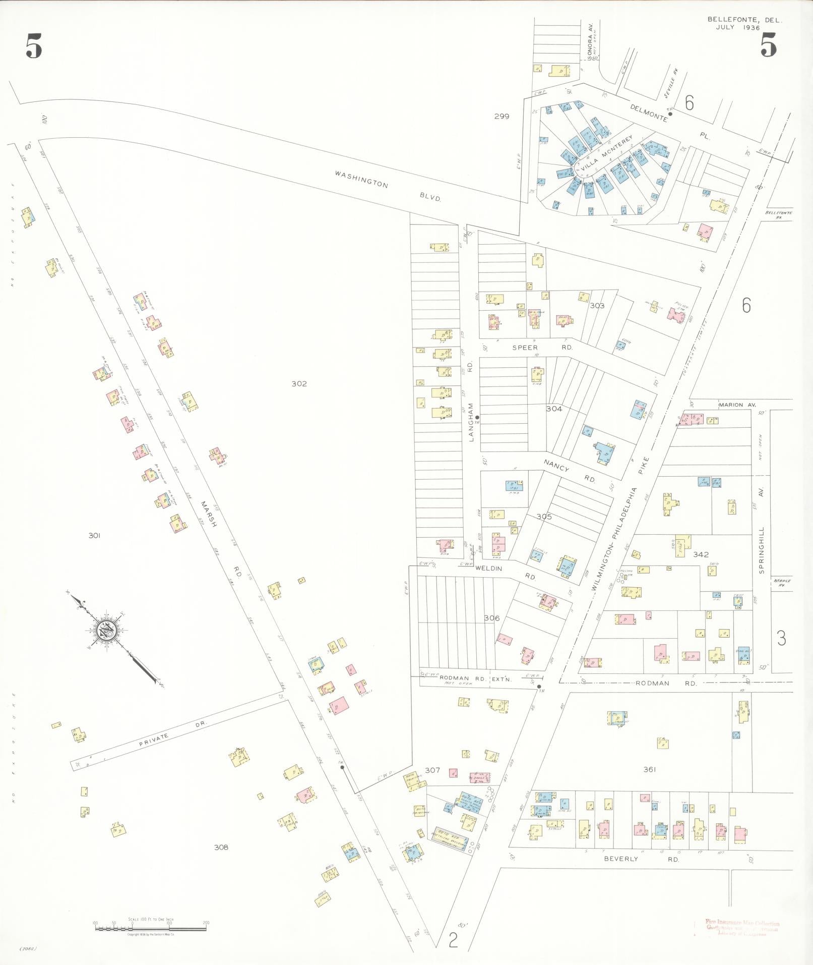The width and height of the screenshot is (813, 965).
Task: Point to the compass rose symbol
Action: pos(108,630)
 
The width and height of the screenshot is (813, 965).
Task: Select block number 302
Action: pos(299,383)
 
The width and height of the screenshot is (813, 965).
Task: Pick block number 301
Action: pos(94,535)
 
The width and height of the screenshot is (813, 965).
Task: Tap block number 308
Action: pos(221,847)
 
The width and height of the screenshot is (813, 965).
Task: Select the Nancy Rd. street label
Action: pos(570,473)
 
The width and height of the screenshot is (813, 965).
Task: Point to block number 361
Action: pos(649,770)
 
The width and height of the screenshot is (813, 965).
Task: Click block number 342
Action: pos(701,554)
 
